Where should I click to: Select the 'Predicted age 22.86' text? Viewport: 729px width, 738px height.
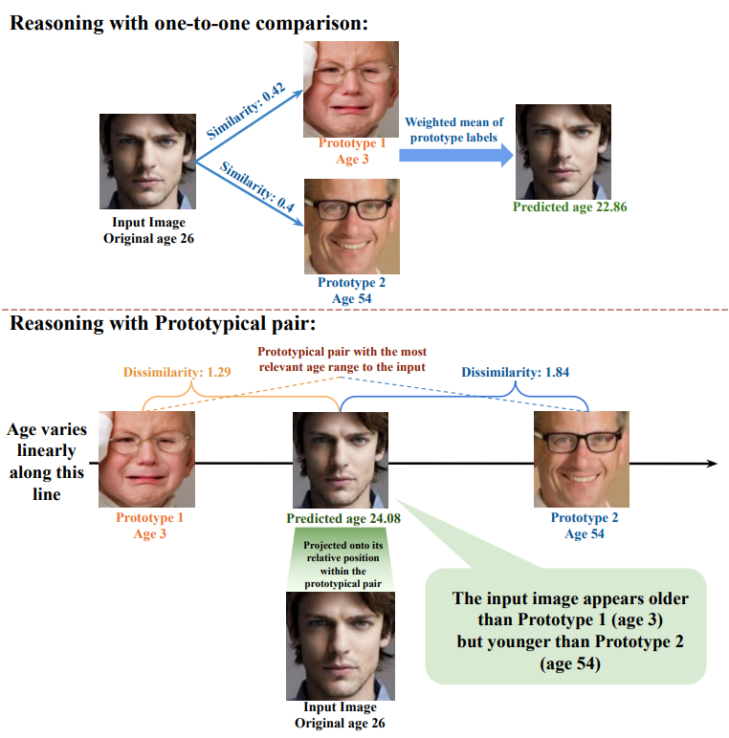[x=570, y=206]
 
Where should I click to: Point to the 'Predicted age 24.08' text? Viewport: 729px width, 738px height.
[x=342, y=518]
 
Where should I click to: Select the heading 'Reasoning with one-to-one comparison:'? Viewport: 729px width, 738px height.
[x=188, y=23]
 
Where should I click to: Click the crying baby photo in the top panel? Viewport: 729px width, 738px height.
[x=351, y=89]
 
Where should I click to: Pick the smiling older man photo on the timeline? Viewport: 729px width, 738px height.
[x=582, y=460]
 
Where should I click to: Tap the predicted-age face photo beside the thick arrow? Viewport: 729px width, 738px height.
[x=563, y=150]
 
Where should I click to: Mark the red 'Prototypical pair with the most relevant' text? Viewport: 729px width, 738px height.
[x=342, y=358]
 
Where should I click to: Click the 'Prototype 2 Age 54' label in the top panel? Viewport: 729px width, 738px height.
[x=351, y=290]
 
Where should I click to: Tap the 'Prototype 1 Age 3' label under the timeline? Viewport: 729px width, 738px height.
[x=149, y=526]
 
